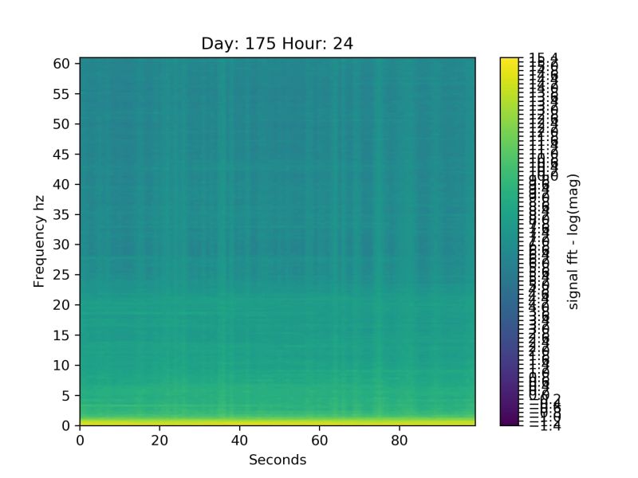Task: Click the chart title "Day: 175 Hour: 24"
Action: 277,44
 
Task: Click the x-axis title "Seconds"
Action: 277,460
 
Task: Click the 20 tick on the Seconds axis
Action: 159,439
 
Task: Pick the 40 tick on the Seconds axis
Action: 240,439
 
